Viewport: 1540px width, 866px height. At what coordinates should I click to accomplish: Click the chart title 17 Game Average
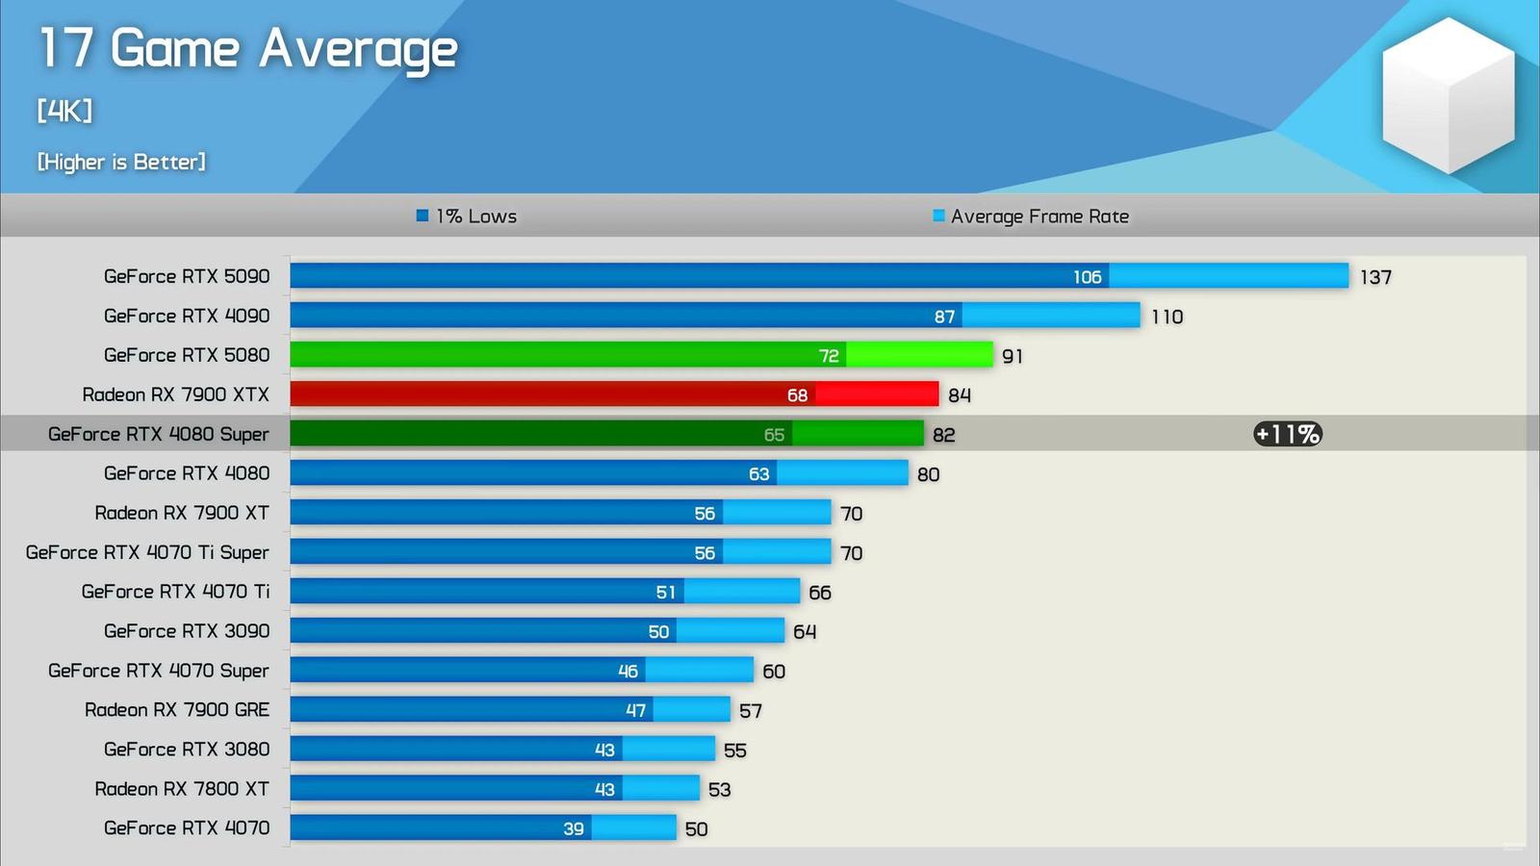(x=247, y=49)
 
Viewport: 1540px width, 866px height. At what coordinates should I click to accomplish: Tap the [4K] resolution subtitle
(x=64, y=112)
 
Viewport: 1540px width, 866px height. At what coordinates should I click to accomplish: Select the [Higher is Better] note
(x=121, y=162)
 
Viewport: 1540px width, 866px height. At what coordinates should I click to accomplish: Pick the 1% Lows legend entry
(x=467, y=216)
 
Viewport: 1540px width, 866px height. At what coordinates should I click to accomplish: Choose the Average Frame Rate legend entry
(x=1031, y=216)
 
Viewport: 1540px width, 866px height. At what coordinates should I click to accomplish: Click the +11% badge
(x=1288, y=434)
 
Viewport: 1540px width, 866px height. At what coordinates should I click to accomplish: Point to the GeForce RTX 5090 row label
(x=187, y=276)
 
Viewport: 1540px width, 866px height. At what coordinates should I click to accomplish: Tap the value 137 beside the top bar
(x=1375, y=277)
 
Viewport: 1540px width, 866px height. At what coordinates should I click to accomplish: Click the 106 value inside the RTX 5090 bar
(x=1087, y=277)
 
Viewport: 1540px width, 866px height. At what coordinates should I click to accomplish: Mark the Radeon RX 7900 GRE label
(x=177, y=710)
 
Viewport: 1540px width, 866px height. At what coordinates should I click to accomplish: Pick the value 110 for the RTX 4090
(x=1167, y=317)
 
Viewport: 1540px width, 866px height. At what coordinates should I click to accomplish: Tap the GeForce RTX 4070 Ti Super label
(x=147, y=552)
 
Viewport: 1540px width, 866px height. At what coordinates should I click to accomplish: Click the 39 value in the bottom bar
(x=574, y=828)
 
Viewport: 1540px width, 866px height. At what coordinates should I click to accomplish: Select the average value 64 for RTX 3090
(x=805, y=632)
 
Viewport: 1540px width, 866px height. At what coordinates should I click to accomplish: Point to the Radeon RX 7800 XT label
(x=182, y=789)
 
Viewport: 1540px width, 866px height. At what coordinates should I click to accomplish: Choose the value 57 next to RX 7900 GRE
(x=751, y=711)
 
